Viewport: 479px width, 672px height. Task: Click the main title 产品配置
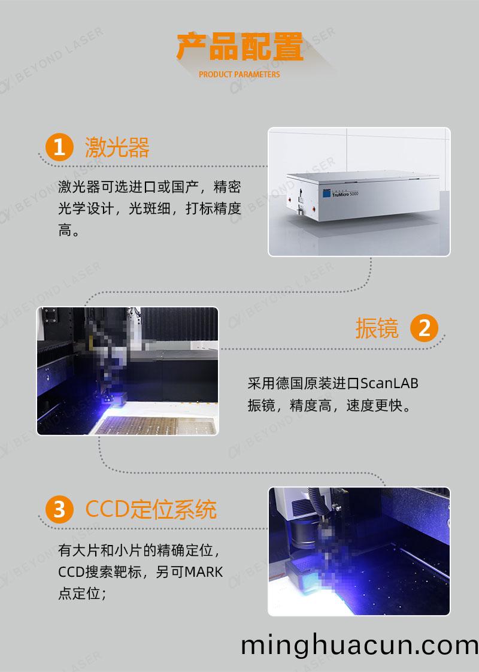click(x=239, y=49)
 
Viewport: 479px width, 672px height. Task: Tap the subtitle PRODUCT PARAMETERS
click(x=239, y=75)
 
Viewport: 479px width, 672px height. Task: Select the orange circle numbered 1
click(x=59, y=147)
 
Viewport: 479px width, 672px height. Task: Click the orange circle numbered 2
click(x=424, y=329)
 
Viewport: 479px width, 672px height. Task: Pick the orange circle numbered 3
click(x=59, y=510)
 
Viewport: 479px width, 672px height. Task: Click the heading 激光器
click(x=117, y=147)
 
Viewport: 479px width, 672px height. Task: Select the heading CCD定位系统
click(x=151, y=510)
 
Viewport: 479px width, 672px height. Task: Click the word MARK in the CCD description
click(x=203, y=572)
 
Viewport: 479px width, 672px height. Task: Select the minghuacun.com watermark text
click(x=359, y=645)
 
